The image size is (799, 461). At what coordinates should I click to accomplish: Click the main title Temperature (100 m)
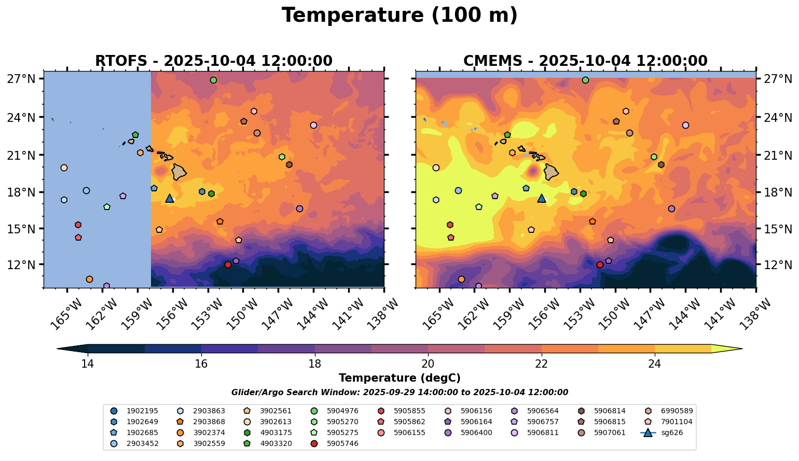(x=399, y=16)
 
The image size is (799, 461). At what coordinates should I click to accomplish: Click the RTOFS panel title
(x=213, y=61)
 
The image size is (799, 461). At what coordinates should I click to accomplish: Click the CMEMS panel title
(x=585, y=61)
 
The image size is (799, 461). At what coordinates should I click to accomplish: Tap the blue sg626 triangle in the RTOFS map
(x=170, y=198)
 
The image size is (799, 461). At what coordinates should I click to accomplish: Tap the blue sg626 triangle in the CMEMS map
(x=542, y=198)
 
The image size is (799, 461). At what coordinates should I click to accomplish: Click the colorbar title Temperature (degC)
(x=399, y=378)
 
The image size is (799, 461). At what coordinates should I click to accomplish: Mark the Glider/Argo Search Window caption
(x=399, y=393)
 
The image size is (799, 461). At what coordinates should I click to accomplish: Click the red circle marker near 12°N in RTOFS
(x=228, y=264)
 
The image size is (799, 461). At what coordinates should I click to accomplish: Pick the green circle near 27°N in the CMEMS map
(x=585, y=80)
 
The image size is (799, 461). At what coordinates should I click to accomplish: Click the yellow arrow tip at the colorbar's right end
(x=740, y=348)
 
